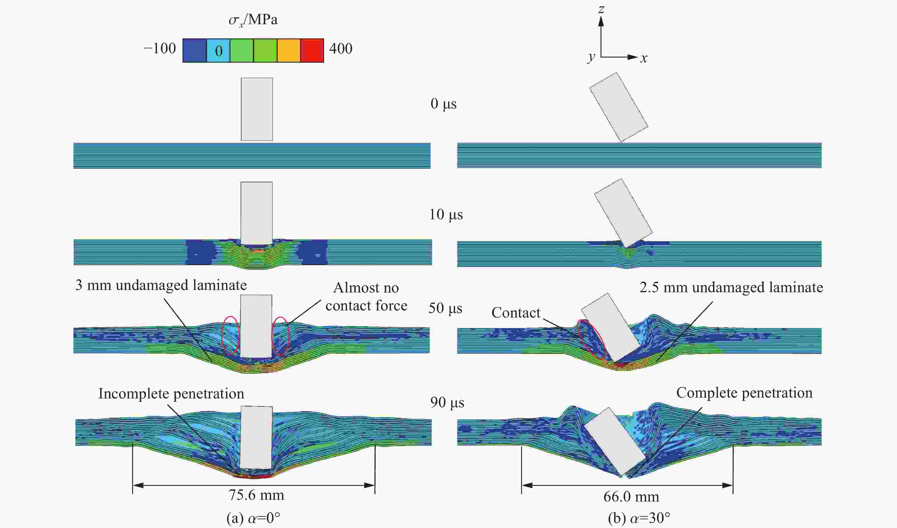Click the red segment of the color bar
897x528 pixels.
(x=312, y=51)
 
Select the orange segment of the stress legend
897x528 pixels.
(x=289, y=51)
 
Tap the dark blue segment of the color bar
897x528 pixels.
(x=195, y=51)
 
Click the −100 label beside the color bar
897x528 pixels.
(x=159, y=48)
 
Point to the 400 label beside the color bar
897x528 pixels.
(x=341, y=48)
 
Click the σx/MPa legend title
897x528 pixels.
(x=253, y=20)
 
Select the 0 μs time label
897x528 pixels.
(x=444, y=104)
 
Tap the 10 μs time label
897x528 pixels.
(x=446, y=215)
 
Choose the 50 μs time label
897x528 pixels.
(x=445, y=308)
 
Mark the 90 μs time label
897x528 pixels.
(x=447, y=403)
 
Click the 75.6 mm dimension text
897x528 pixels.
(x=256, y=495)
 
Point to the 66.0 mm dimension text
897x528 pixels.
(x=631, y=497)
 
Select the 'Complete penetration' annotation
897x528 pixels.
(x=744, y=393)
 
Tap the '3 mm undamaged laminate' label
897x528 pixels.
(x=161, y=285)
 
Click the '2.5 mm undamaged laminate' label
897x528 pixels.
(x=731, y=287)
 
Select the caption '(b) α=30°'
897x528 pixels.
(x=639, y=518)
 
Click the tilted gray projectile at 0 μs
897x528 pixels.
(x=619, y=108)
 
